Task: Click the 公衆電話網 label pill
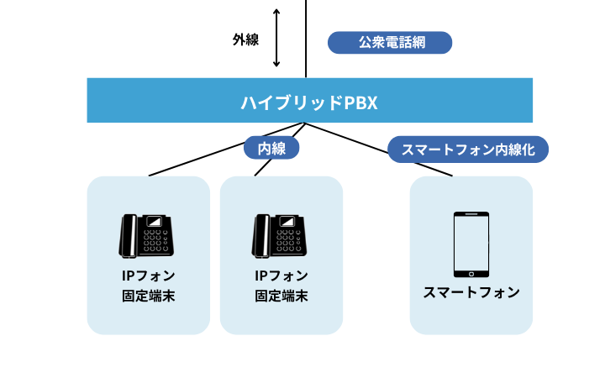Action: [x=390, y=43]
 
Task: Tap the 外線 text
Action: [x=245, y=39]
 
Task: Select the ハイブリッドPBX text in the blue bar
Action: [x=309, y=102]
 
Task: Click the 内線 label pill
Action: [x=271, y=149]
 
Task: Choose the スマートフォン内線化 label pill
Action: [x=469, y=150]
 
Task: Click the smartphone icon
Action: [x=471, y=244]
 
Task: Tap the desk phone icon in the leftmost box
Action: [x=147, y=235]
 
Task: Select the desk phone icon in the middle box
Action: [x=281, y=235]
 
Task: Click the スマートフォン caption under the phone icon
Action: [x=471, y=293]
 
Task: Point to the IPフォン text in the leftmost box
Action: [x=148, y=276]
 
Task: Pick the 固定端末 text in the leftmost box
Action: [x=148, y=296]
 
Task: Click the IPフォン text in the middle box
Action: [x=281, y=276]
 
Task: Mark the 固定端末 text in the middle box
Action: [x=281, y=296]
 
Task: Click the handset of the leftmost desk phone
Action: [x=129, y=236]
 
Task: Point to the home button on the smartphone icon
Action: [x=471, y=272]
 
